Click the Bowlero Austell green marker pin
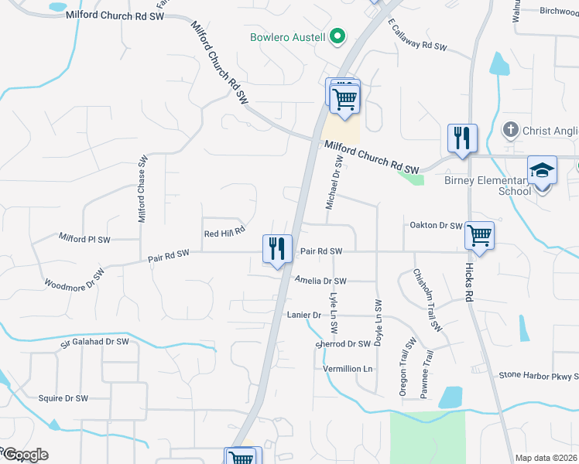pyautogui.click(x=337, y=36)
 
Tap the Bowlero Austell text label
pyautogui.click(x=288, y=36)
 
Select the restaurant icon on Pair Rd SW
pyautogui.click(x=277, y=248)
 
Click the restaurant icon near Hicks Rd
pyautogui.click(x=462, y=138)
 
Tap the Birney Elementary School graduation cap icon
pyautogui.click(x=542, y=170)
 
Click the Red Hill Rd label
pyautogui.click(x=224, y=230)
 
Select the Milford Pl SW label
pyautogui.click(x=84, y=238)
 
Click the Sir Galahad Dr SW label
pyautogui.click(x=94, y=342)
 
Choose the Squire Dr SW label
pyautogui.click(x=63, y=398)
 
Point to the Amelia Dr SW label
pyautogui.click(x=320, y=281)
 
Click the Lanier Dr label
pyautogui.click(x=303, y=316)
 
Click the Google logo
pyautogui.click(x=25, y=455)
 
